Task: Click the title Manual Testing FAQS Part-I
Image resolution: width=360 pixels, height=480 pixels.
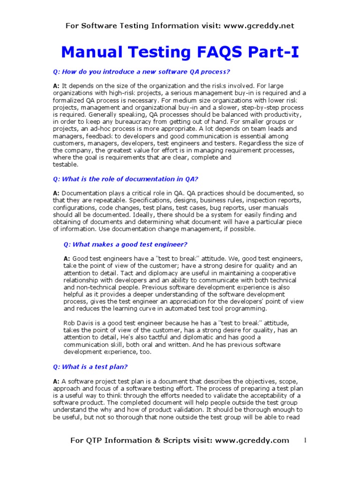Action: coord(180,52)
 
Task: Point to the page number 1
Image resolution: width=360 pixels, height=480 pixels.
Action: coord(305,440)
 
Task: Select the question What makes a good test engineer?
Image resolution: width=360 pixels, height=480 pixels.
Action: coord(125,244)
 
